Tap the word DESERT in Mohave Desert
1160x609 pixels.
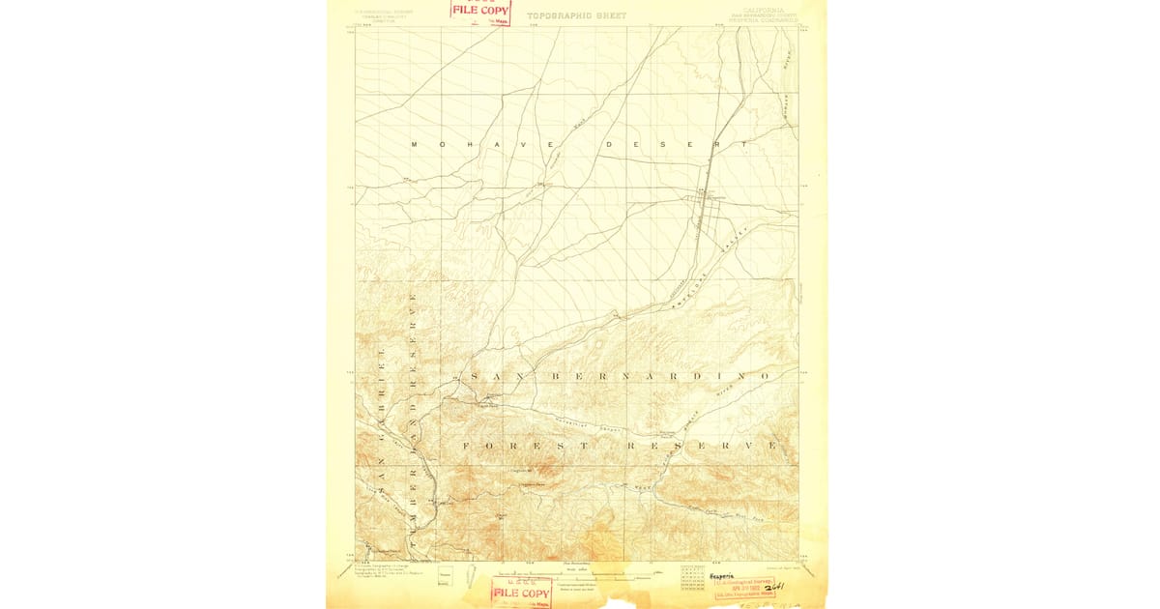click(676, 145)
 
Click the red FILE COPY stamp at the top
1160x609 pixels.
click(480, 11)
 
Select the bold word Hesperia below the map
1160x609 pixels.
click(722, 575)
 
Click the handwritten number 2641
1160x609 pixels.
click(773, 586)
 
